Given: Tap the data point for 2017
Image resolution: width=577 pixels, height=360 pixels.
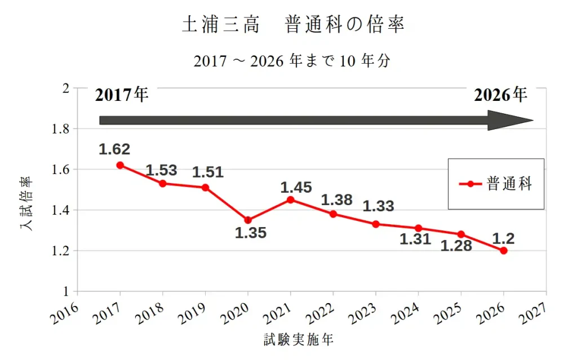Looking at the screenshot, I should [x=120, y=165].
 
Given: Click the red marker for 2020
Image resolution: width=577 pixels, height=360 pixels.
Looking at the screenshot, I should [x=248, y=220].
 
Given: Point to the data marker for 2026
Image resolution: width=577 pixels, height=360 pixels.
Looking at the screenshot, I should [x=504, y=251].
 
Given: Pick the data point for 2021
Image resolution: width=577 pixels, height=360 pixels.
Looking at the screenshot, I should [x=291, y=199].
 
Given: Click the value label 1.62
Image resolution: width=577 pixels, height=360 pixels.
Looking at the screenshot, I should [x=114, y=149].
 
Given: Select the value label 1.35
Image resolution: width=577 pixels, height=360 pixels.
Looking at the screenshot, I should [x=251, y=233].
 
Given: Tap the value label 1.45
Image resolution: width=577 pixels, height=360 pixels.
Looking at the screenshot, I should [x=296, y=187].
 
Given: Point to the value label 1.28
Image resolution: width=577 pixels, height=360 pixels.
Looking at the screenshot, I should [x=456, y=246].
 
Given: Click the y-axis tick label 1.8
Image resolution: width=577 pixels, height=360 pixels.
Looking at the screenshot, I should [x=60, y=129].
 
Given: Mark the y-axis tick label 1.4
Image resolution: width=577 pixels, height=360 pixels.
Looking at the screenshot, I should [x=60, y=210].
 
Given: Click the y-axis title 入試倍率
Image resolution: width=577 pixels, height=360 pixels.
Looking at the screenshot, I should [x=25, y=204].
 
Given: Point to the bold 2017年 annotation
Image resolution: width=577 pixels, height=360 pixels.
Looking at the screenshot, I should [x=122, y=95].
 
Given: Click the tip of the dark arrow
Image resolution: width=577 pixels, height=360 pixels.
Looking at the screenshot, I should [x=532, y=120].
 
